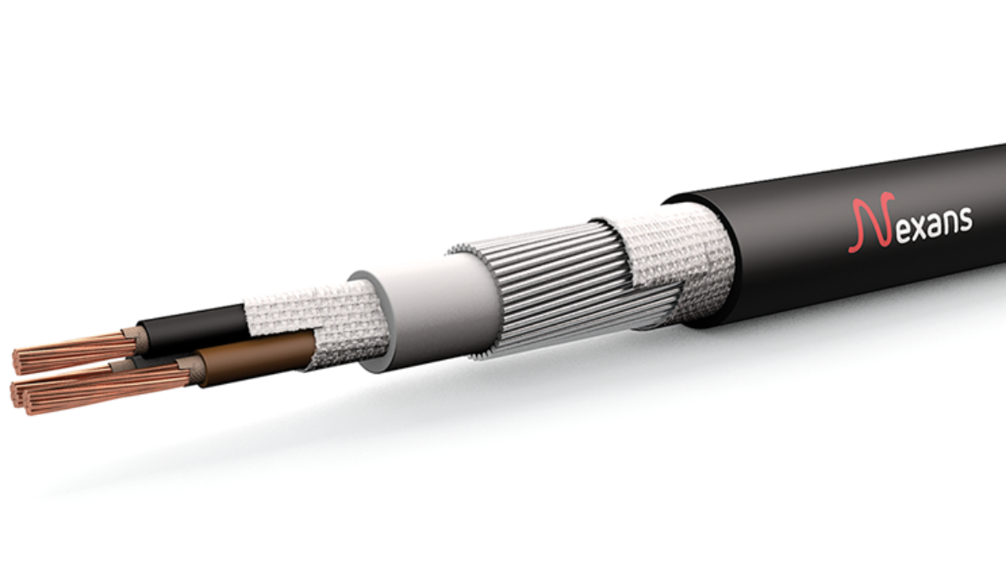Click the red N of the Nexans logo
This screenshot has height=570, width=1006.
coord(868,225)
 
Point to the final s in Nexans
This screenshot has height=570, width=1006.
coord(965,220)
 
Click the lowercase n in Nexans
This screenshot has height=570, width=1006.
coord(945,222)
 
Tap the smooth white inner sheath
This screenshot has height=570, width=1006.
coord(428,302)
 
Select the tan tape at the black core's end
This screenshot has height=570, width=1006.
coord(134,339)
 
